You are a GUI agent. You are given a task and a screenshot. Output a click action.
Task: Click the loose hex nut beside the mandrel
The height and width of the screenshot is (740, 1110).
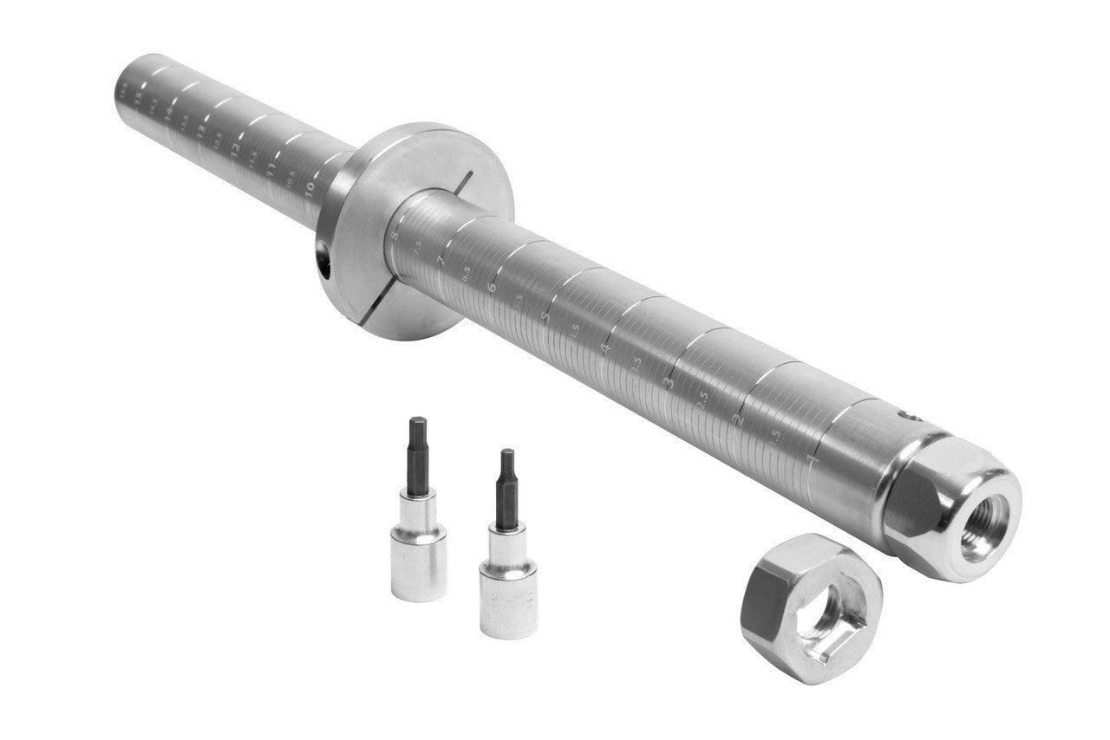[x=811, y=607]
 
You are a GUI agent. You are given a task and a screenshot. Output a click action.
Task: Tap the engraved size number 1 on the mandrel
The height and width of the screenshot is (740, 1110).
[x=813, y=458]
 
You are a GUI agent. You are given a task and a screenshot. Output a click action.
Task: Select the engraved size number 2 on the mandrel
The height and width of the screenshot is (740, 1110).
[x=739, y=421]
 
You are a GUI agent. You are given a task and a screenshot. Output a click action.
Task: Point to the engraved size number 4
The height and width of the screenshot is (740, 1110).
[x=605, y=349]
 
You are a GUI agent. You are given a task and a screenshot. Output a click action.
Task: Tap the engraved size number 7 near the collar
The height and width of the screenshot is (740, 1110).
[x=441, y=259]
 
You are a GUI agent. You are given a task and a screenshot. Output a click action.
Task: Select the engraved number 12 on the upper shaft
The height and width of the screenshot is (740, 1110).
[x=235, y=148]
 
